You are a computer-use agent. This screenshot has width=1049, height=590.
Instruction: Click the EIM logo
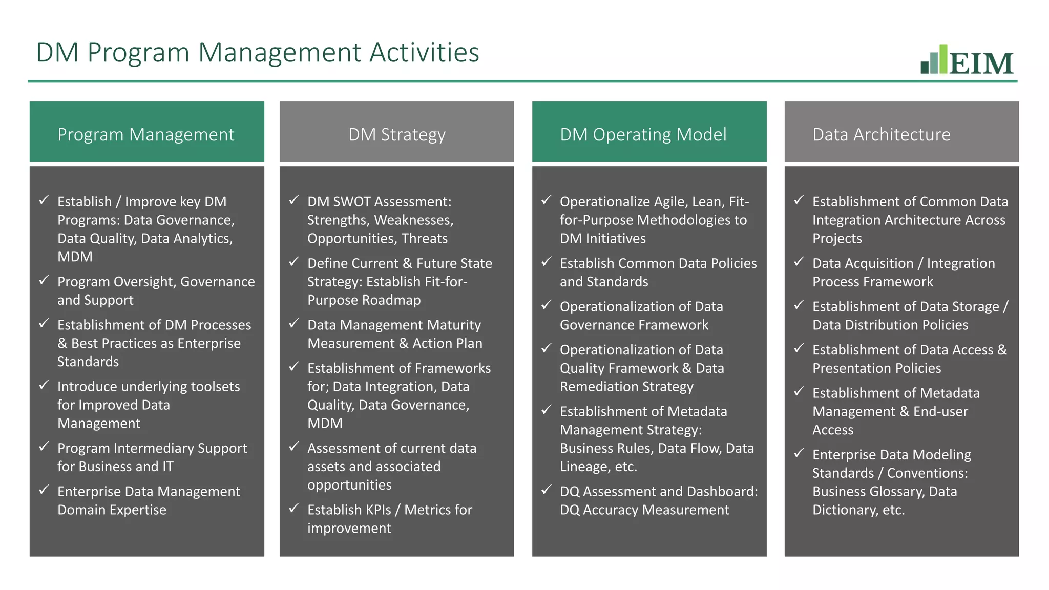(967, 60)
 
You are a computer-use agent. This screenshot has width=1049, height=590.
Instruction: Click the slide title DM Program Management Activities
(257, 52)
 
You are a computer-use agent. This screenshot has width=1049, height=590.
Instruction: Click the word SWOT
(351, 202)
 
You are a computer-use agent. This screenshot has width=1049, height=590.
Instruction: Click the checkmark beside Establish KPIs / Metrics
(294, 508)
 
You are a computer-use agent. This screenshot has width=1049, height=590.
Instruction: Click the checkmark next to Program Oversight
(44, 280)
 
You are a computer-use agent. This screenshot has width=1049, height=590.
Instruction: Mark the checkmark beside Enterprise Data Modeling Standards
(799, 453)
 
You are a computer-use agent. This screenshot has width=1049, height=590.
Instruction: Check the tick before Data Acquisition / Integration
(799, 262)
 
